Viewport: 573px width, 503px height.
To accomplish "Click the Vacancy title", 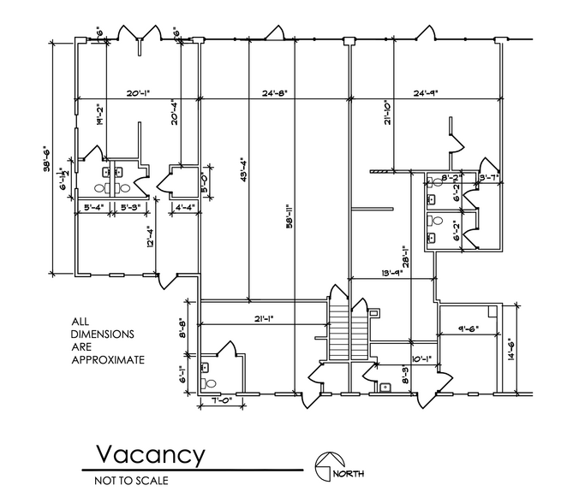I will pos(149,453).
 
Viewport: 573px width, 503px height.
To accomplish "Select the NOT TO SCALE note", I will pos(131,480).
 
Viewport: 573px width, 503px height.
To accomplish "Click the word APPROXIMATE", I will pos(106,360).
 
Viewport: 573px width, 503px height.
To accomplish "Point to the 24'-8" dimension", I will pos(278,93).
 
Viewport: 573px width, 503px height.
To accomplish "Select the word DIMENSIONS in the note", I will pos(102,335).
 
